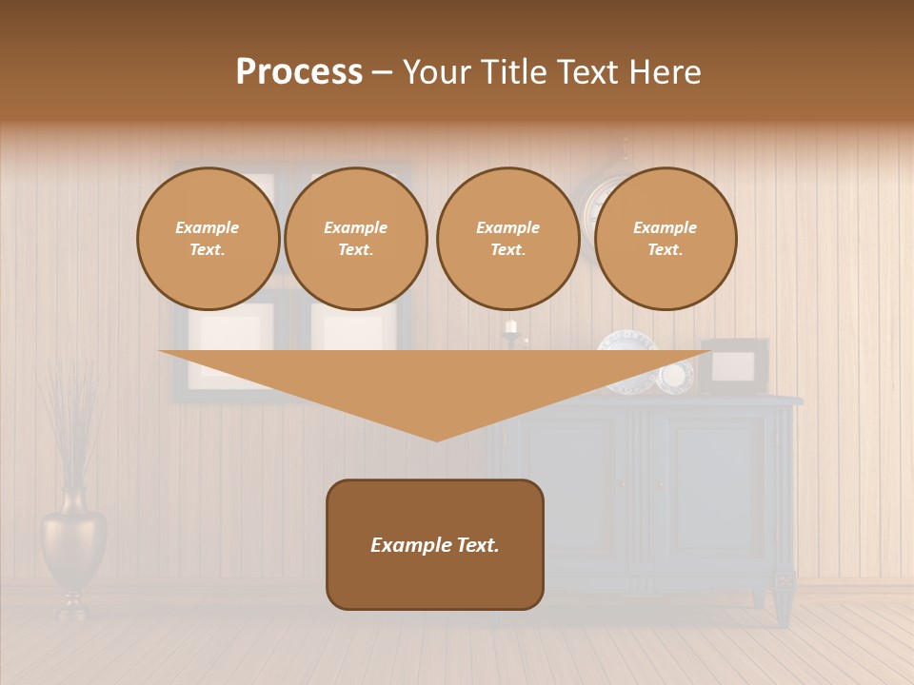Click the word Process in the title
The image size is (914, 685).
pyautogui.click(x=299, y=72)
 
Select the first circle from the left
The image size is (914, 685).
pyautogui.click(x=208, y=239)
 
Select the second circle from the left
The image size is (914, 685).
pyautogui.click(x=355, y=239)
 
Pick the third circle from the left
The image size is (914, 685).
pyautogui.click(x=507, y=239)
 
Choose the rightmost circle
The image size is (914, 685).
pyautogui.click(x=665, y=239)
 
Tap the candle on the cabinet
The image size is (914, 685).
pyautogui.click(x=511, y=327)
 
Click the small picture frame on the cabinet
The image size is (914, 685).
pyautogui.click(x=735, y=366)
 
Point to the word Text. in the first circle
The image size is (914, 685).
pyautogui.click(x=208, y=250)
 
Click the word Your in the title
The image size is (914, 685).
pyautogui.click(x=439, y=72)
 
